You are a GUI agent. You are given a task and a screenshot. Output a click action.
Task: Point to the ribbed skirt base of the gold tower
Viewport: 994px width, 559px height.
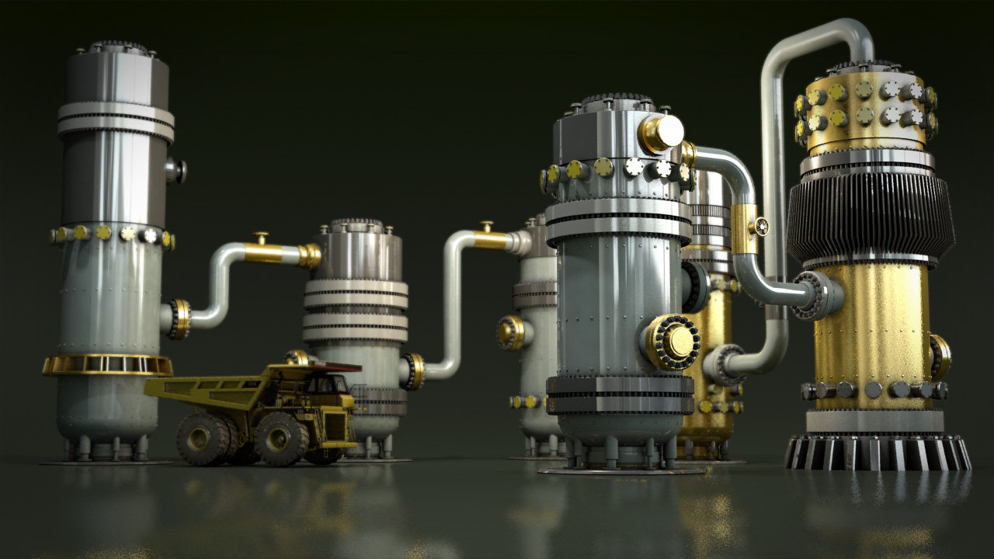pos(878,452)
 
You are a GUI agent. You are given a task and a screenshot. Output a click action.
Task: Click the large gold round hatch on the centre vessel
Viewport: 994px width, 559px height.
pos(672,342)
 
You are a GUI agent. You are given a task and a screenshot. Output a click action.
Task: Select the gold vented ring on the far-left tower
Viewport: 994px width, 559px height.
pos(107,364)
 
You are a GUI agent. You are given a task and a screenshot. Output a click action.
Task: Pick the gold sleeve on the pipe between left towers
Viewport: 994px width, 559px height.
pos(264,253)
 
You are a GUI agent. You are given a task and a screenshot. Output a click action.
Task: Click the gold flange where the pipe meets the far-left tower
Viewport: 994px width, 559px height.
pos(179,318)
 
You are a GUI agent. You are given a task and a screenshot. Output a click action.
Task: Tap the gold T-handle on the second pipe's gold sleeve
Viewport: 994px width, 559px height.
pos(487,227)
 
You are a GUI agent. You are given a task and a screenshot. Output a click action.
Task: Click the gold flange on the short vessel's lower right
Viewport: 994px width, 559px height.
pos(413,371)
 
